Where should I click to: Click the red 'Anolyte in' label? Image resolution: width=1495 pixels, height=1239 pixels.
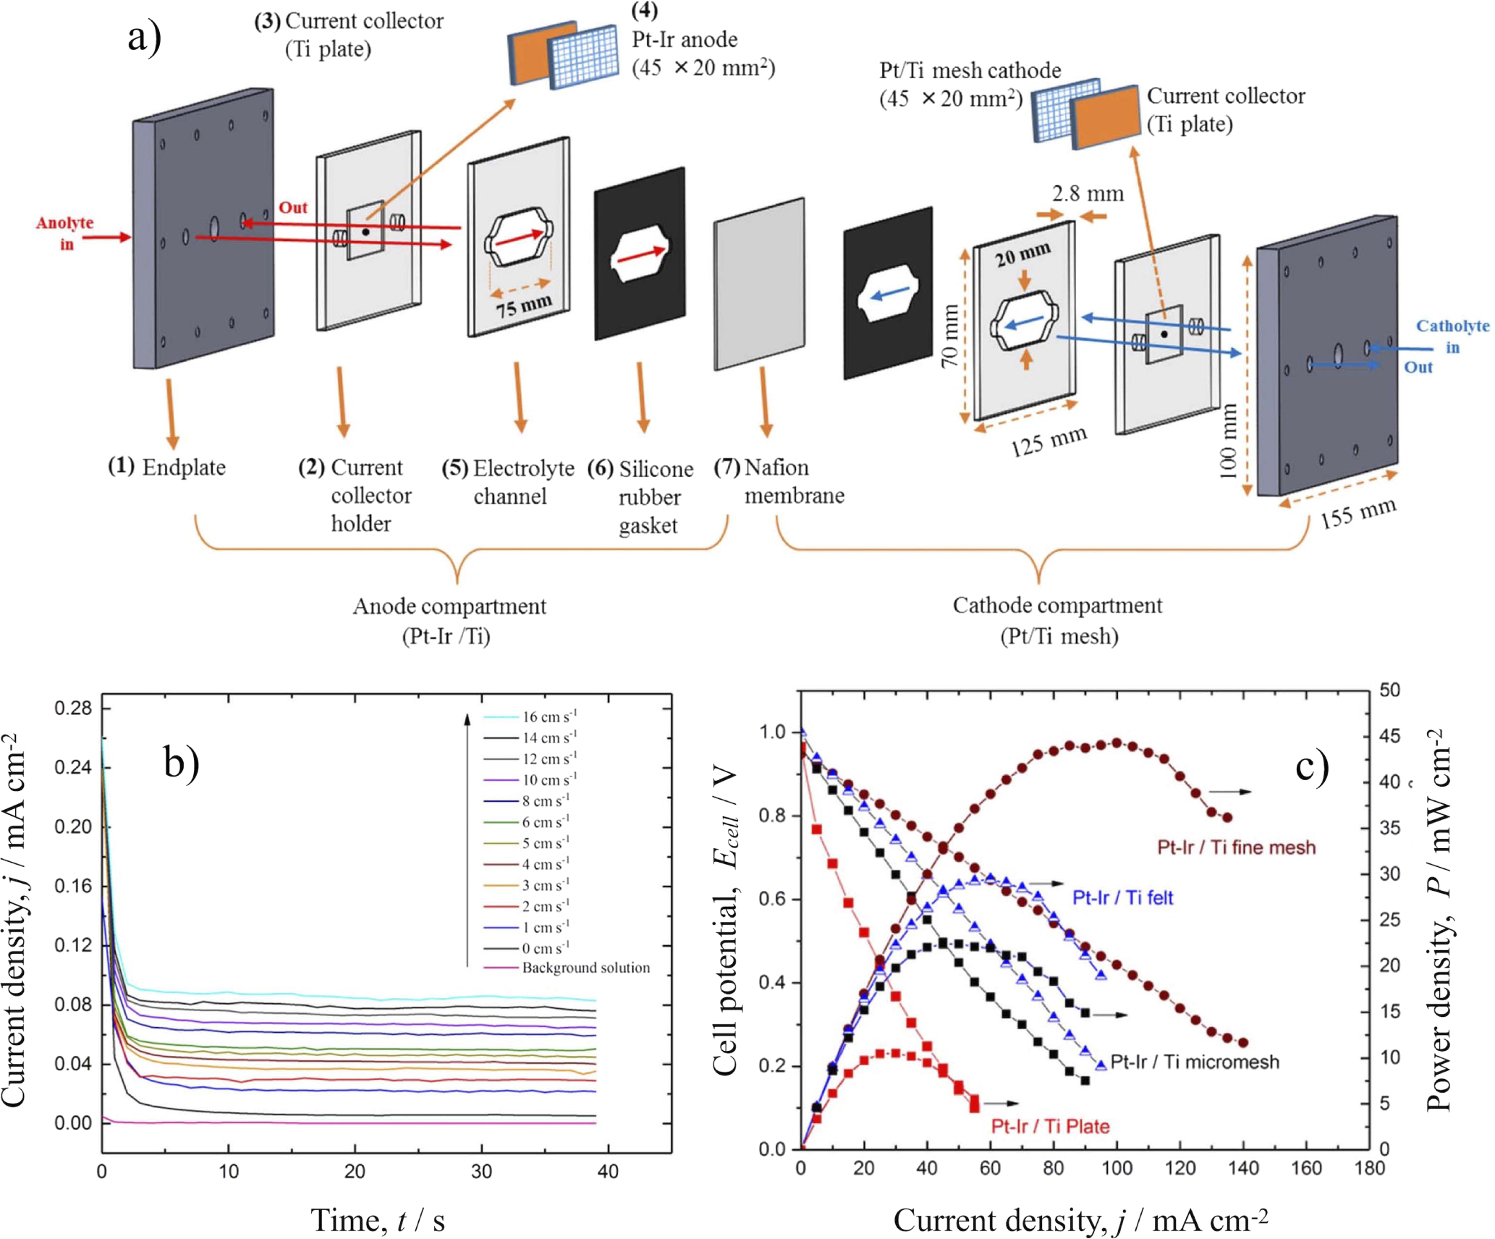(65, 233)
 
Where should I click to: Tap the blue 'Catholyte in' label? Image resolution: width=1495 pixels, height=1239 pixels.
(1451, 336)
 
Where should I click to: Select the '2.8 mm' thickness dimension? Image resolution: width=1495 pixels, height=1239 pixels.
(1087, 194)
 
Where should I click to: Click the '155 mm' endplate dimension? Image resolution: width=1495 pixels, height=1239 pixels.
(1358, 512)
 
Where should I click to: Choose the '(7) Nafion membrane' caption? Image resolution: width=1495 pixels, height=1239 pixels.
(779, 481)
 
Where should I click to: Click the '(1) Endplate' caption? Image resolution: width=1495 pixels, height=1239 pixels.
(167, 467)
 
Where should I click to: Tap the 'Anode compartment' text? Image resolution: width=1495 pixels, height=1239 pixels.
(449, 606)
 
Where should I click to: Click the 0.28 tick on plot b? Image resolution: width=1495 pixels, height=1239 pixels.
(73, 708)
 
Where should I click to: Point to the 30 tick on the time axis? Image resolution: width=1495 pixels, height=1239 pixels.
(481, 1171)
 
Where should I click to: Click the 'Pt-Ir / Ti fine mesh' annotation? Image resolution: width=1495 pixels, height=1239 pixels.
(1236, 847)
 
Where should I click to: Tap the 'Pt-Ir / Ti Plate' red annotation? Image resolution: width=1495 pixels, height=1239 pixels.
(1049, 1126)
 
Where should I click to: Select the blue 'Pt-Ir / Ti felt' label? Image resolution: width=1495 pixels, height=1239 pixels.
(1122, 897)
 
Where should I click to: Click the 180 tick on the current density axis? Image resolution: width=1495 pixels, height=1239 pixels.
(1369, 1168)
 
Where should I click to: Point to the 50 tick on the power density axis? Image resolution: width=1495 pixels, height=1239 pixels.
(1389, 690)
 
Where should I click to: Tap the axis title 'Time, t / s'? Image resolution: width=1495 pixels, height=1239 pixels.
(377, 1219)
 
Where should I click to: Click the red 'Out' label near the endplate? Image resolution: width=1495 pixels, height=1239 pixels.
(293, 208)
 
